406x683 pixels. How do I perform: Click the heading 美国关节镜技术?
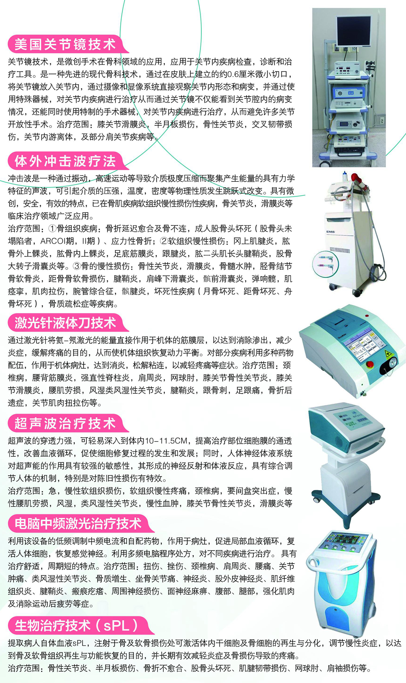[x=65, y=44]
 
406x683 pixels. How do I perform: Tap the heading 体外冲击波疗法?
[x=65, y=161]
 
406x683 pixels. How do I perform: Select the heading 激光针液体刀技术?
[x=65, y=323]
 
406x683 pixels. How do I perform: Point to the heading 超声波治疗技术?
[x=65, y=423]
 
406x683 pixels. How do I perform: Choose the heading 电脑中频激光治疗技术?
[x=78, y=523]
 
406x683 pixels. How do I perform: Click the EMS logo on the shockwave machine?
[x=330, y=231]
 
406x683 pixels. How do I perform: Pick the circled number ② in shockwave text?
[x=164, y=241]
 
